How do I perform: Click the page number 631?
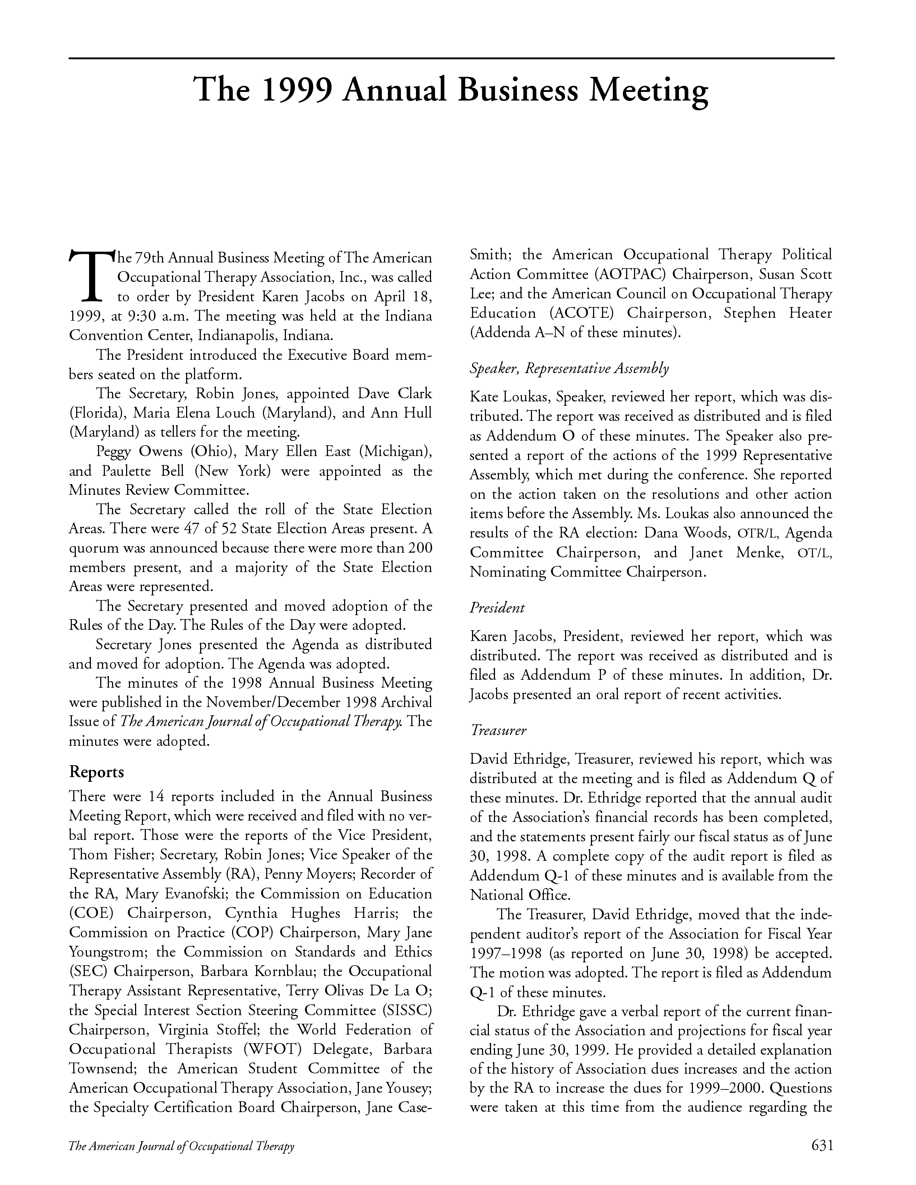[x=822, y=1145]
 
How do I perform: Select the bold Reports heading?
[x=97, y=772]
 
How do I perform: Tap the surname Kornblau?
[x=286, y=971]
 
